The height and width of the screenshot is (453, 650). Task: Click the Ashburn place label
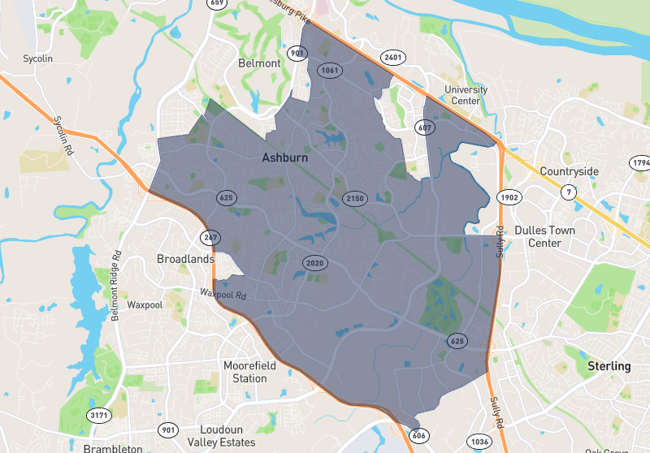click(x=285, y=158)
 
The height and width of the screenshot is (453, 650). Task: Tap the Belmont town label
click(x=259, y=63)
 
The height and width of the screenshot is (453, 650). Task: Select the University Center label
click(x=466, y=95)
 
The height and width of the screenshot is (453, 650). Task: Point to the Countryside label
click(x=569, y=171)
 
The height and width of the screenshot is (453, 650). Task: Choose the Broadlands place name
click(x=185, y=259)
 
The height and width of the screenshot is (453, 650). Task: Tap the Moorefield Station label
click(x=249, y=372)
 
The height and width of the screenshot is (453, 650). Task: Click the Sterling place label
click(x=609, y=366)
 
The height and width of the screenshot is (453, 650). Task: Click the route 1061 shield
click(x=329, y=71)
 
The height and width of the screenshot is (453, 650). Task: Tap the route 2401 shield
click(x=393, y=58)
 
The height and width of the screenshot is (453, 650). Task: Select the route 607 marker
click(x=424, y=127)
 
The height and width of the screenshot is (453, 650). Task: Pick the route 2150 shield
click(x=355, y=198)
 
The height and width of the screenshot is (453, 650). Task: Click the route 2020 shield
click(x=314, y=263)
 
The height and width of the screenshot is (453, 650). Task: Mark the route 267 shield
click(x=210, y=237)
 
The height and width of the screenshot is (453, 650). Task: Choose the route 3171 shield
click(x=99, y=415)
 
